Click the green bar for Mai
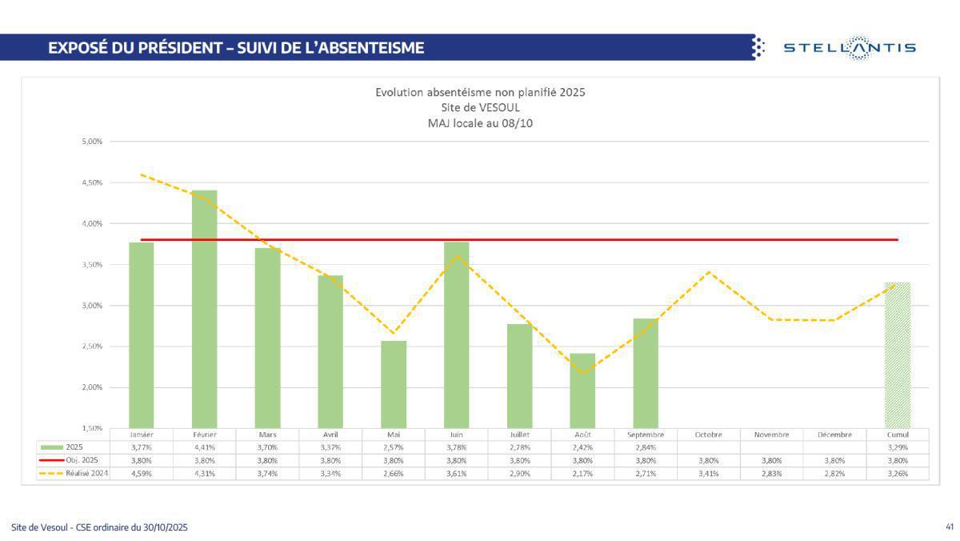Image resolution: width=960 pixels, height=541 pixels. (394, 384)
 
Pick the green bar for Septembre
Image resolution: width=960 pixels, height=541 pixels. (646, 373)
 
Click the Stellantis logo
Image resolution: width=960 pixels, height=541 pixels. (849, 48)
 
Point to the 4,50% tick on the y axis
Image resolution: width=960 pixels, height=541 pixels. (92, 182)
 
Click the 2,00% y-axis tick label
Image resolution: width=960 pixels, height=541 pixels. (92, 387)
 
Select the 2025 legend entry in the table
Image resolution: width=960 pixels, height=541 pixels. (74, 447)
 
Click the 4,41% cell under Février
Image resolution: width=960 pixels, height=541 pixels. (205, 447)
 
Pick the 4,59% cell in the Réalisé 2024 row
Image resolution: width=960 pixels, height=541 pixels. (142, 474)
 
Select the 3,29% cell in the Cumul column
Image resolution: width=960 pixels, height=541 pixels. (898, 447)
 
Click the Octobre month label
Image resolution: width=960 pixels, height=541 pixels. (709, 435)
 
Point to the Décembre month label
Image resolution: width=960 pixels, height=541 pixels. (834, 435)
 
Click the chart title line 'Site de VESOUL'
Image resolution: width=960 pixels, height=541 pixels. (480, 107)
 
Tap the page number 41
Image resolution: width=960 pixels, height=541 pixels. (950, 527)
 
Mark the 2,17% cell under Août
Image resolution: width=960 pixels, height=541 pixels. (582, 474)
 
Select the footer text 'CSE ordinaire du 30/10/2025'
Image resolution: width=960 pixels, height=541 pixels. (132, 527)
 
